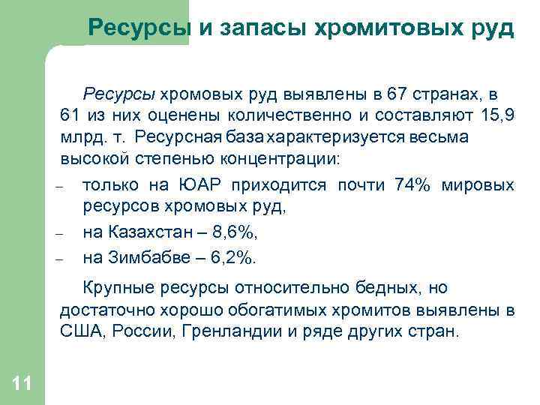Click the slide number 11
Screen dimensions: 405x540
pyautogui.click(x=22, y=385)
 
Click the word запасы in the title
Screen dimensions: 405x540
pyautogui.click(x=253, y=28)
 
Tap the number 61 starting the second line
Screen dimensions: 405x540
pyautogui.click(x=70, y=116)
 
